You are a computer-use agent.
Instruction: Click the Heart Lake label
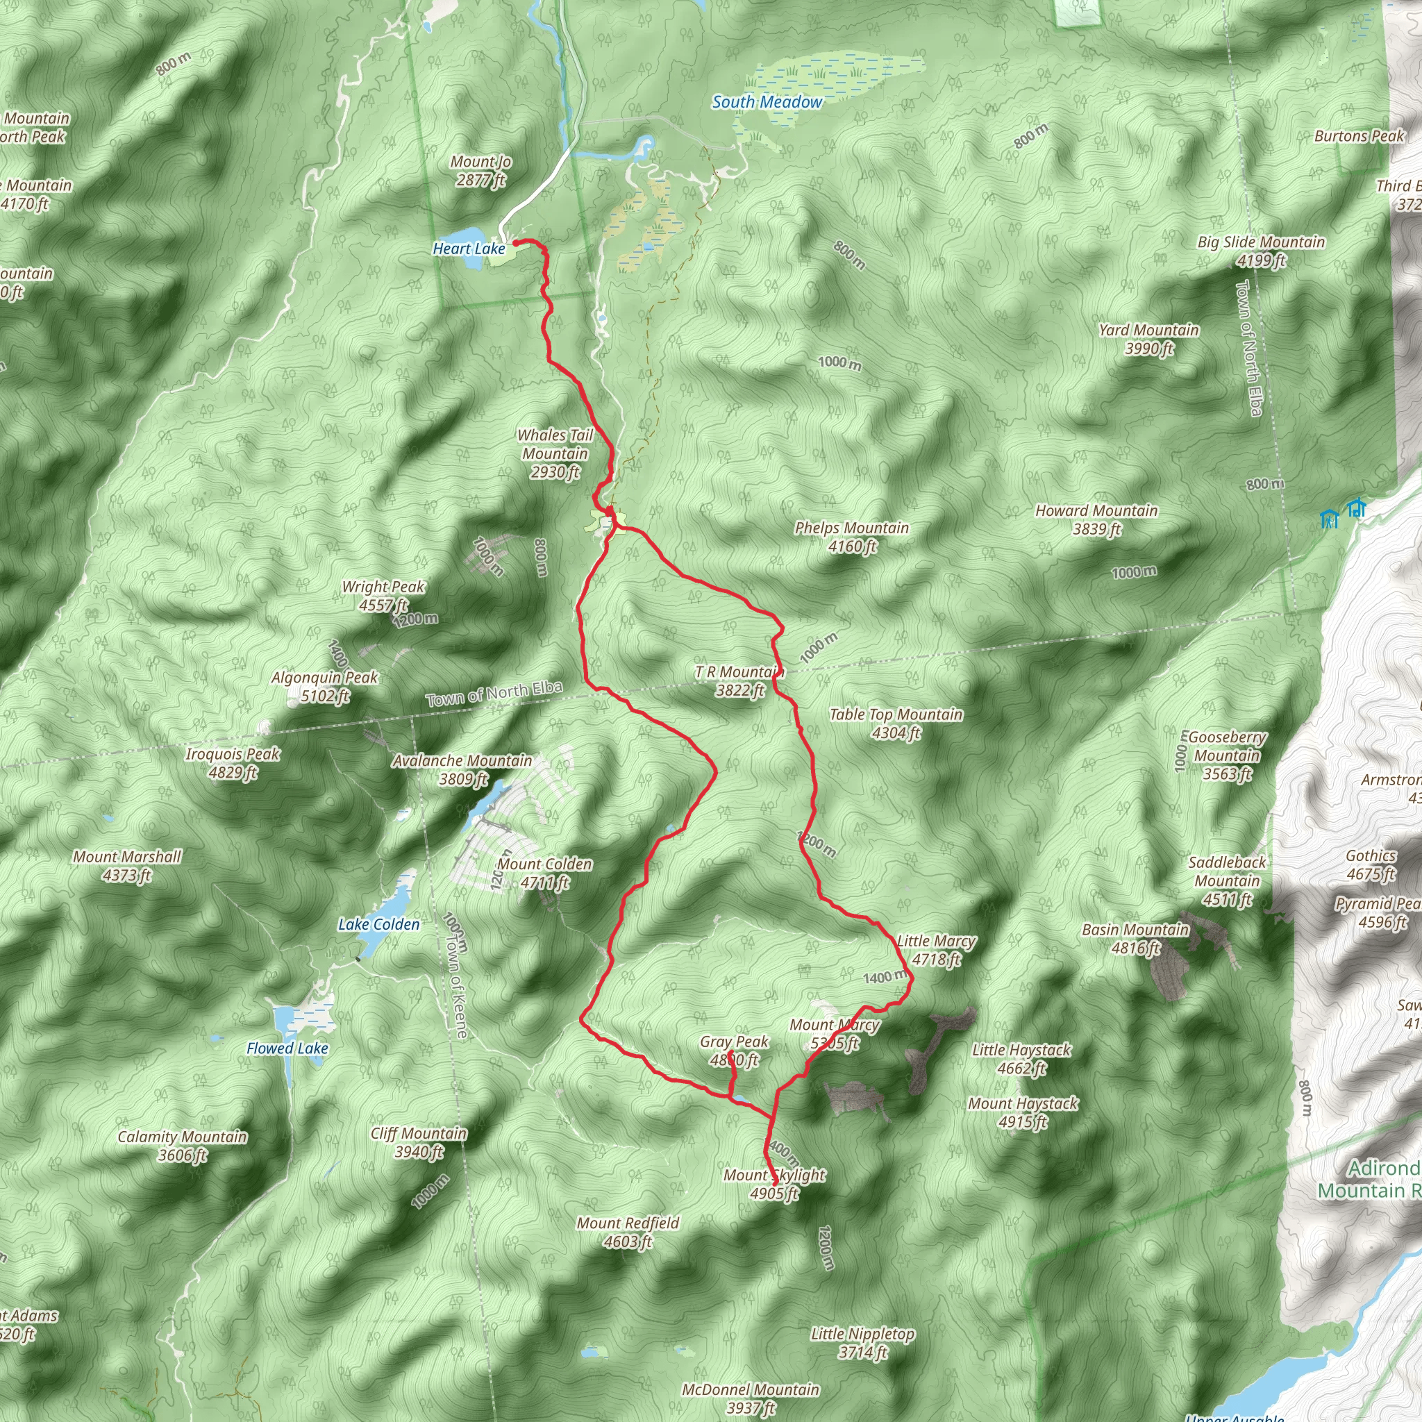469,249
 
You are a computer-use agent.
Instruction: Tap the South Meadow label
767,102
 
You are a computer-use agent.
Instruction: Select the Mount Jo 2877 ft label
480,171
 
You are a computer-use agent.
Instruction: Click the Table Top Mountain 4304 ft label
896,723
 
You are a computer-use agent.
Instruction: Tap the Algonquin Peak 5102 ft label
324,686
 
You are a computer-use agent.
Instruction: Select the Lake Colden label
379,924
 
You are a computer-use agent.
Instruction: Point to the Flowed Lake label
287,1048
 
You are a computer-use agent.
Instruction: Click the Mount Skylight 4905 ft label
773,1185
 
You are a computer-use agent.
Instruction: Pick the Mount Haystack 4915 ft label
1022,1112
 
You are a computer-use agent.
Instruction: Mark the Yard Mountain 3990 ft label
1148,339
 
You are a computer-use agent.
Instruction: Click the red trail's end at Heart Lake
515,242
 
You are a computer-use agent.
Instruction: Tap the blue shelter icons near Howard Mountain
1341,513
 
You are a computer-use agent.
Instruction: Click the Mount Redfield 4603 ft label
628,1232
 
